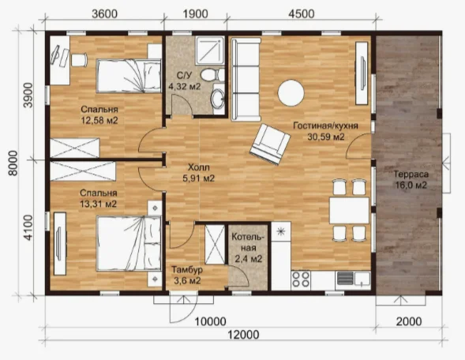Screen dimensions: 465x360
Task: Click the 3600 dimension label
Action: tap(104, 14)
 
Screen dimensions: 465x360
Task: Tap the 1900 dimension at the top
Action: tap(195, 14)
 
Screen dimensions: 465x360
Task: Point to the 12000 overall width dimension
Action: tap(243, 335)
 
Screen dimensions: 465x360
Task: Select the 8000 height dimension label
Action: tap(13, 163)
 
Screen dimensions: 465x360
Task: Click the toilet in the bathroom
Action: tap(212, 74)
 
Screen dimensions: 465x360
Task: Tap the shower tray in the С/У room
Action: tap(210, 50)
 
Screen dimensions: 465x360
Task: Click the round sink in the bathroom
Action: tap(218, 99)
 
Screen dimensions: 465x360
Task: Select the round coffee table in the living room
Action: tap(291, 93)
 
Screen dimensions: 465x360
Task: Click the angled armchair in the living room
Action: tap(270, 144)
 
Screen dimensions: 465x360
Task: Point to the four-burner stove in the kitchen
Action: tap(301, 279)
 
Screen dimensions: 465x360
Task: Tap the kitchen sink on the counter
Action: tap(353, 279)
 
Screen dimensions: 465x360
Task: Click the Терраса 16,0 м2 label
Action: tap(411, 180)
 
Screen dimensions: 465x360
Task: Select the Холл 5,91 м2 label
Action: tap(199, 173)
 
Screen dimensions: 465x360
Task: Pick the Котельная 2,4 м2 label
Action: tap(248, 248)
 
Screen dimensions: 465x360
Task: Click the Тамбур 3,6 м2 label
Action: tap(187, 275)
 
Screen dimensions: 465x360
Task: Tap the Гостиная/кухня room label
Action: tap(325, 126)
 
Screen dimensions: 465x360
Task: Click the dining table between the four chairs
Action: tap(349, 210)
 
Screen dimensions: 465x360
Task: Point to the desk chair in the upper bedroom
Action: tap(80, 59)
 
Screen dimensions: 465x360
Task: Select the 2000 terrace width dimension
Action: tap(409, 321)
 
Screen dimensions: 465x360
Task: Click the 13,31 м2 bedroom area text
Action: tap(98, 204)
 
